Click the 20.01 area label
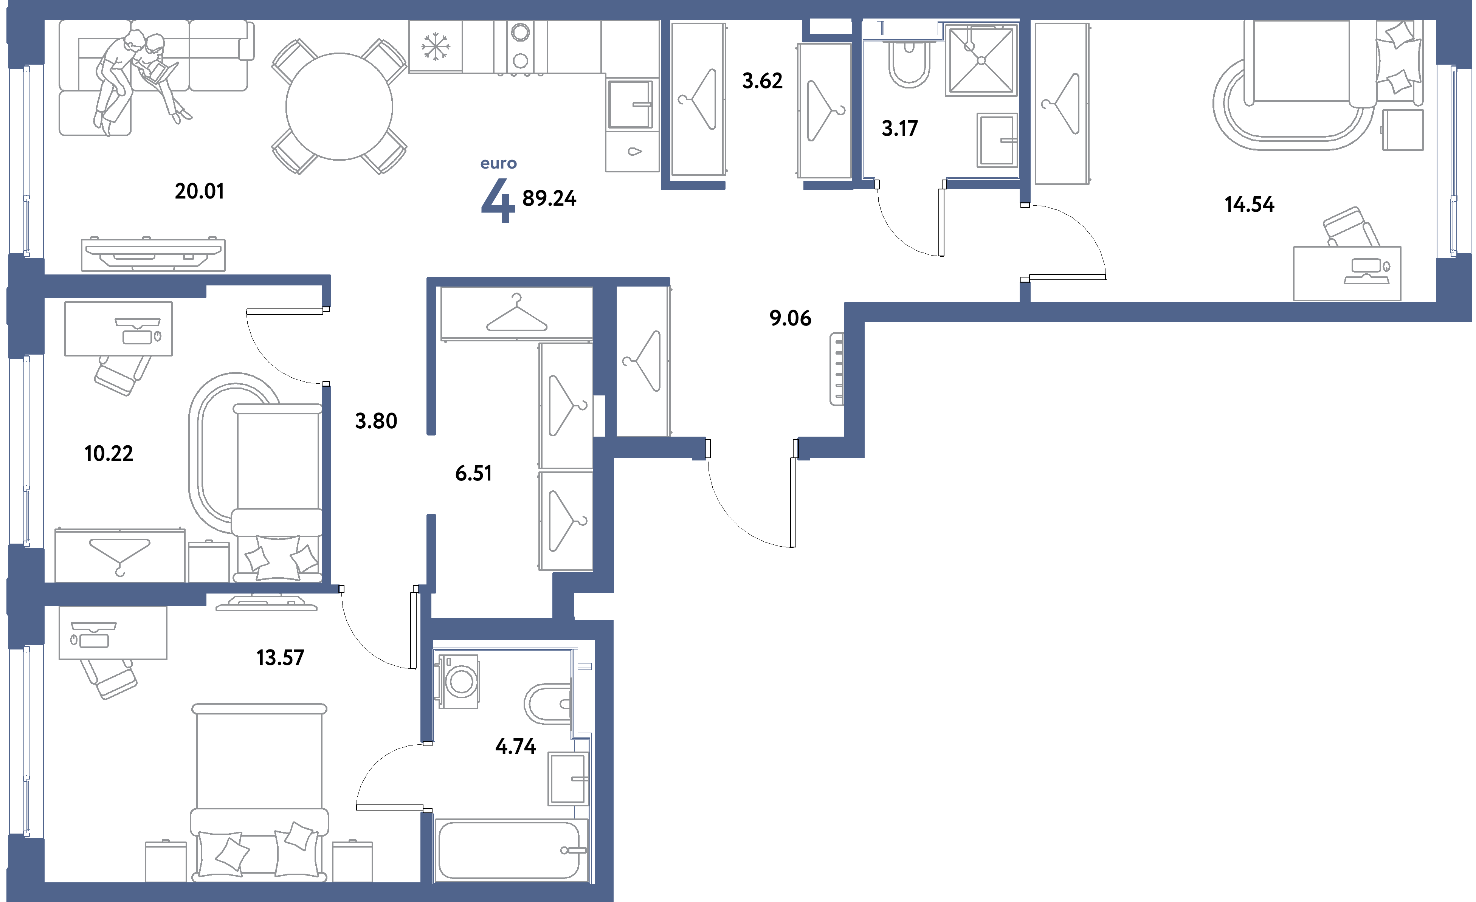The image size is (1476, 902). (x=200, y=191)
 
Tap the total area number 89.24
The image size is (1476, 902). (x=549, y=198)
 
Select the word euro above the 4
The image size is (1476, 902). (x=498, y=164)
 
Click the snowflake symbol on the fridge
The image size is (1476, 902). (x=436, y=46)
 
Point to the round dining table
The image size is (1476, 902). (x=339, y=107)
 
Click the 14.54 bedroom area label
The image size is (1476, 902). (x=1249, y=204)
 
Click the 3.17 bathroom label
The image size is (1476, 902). (x=900, y=128)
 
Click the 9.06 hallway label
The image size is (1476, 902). (x=790, y=318)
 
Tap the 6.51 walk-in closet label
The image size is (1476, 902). (x=473, y=473)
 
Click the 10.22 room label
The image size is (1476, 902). (x=109, y=453)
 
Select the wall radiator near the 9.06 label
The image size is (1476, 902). (x=837, y=369)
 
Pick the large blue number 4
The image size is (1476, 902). (x=498, y=201)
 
